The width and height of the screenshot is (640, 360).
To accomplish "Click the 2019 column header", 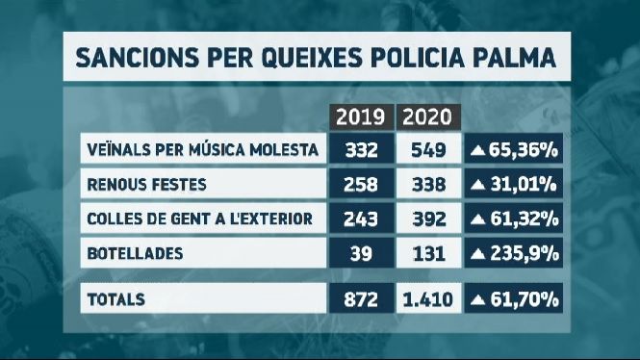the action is [x=361, y=117].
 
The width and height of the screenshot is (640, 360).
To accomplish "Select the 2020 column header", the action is [x=427, y=117].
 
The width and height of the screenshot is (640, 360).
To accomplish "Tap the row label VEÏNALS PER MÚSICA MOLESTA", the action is [x=203, y=149].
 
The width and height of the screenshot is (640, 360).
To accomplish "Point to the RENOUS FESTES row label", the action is [x=147, y=185].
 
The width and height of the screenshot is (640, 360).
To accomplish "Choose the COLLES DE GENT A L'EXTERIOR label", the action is [x=200, y=219].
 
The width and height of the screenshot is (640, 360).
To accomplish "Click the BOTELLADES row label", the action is [x=135, y=253].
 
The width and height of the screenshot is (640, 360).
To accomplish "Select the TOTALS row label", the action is [x=116, y=299].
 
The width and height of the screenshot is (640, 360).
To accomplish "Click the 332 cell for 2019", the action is [x=362, y=150].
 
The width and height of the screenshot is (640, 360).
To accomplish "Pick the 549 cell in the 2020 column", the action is [x=428, y=150].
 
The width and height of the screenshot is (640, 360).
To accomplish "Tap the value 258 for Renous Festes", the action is [x=361, y=185].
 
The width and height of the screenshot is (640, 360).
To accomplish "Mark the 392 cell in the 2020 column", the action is [x=429, y=219].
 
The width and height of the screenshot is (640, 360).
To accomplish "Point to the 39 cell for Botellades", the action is [x=361, y=254].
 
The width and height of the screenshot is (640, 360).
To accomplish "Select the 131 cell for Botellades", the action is [x=429, y=254].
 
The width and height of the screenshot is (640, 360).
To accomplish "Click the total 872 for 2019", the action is [x=361, y=300].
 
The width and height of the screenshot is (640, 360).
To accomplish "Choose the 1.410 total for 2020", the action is [x=428, y=300].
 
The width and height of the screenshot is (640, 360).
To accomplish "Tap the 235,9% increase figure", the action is [x=525, y=254].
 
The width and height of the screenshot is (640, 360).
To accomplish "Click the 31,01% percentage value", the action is [x=524, y=185].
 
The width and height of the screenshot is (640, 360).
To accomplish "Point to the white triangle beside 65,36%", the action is [x=477, y=150].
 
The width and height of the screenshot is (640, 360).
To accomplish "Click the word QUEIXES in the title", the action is [x=312, y=58].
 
